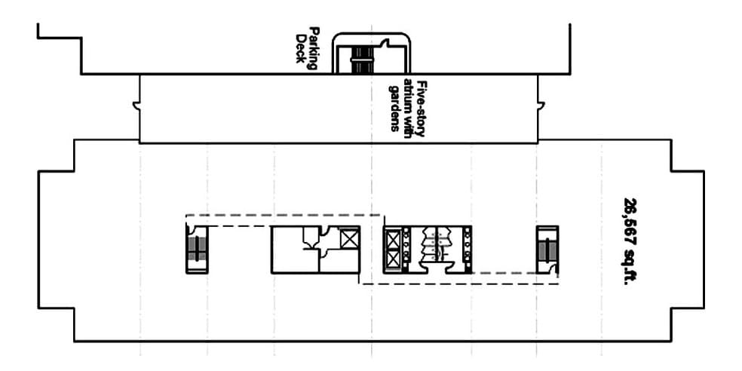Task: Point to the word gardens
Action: (394, 107)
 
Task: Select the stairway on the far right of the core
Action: (547, 249)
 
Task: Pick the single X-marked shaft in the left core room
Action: (348, 239)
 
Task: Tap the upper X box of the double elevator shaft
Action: (393, 240)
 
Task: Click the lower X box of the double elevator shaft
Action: (393, 260)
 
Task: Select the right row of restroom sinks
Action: (468, 249)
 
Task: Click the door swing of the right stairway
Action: (554, 265)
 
